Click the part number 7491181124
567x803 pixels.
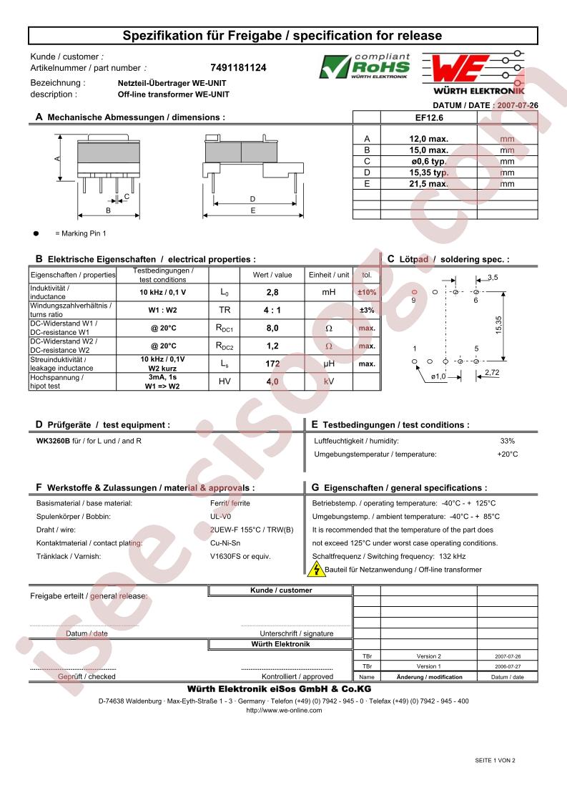238,68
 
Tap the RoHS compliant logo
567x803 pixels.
365,67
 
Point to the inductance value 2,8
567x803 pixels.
272,292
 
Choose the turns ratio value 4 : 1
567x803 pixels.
272,310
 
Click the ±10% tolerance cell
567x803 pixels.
367,292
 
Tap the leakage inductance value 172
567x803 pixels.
272,364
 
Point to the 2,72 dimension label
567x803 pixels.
492,373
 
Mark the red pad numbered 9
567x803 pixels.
414,292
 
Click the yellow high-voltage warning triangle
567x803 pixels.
316,570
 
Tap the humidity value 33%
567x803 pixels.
507,441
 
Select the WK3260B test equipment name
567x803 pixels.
53,441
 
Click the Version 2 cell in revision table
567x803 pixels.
429,656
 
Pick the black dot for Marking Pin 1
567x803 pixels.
35,233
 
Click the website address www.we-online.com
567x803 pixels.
284,710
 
